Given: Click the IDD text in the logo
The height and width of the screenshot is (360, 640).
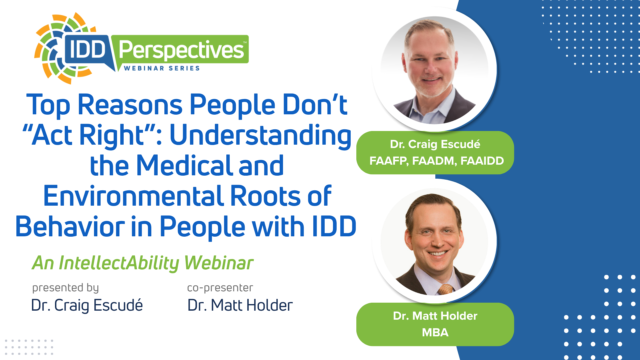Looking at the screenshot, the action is click(87, 50).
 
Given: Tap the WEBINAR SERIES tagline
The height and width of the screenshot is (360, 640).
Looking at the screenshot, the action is click(162, 68).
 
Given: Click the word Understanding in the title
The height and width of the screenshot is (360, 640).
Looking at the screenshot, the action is click(261, 136).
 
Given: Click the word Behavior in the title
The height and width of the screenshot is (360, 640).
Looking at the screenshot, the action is click(70, 227).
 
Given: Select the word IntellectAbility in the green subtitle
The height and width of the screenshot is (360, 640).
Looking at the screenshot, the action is click(119, 263).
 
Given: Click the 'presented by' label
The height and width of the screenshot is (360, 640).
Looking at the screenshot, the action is click(66, 288).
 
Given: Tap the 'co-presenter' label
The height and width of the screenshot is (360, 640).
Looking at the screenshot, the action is click(220, 288).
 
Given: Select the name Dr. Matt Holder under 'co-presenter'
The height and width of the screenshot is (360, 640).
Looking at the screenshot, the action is click(240, 305).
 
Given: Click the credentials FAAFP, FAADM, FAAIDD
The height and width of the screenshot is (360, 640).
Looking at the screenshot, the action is click(437, 161).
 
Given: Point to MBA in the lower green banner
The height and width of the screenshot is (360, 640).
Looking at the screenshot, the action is click(435, 333).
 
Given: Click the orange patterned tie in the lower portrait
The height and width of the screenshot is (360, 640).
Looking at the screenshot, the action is click(445, 289).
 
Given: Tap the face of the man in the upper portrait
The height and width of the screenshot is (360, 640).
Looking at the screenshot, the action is click(430, 65).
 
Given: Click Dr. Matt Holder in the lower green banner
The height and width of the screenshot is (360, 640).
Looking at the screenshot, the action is click(435, 316).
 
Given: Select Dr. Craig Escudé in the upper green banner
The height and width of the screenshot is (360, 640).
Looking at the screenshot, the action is click(435, 144).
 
